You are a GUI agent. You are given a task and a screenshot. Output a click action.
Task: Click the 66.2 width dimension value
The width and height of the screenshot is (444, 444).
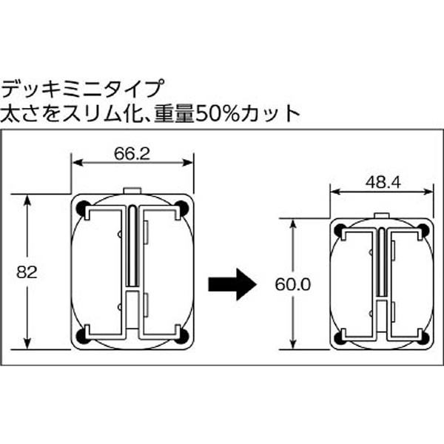(132, 154)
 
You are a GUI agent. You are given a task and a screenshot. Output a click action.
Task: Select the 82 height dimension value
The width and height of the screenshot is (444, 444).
(27, 272)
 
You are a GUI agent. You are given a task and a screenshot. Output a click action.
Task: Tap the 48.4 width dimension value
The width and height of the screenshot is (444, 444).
(383, 183)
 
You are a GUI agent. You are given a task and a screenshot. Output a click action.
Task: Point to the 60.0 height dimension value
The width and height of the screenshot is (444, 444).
(293, 285)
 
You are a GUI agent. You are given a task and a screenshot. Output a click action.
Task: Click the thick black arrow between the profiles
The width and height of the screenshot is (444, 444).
(232, 284)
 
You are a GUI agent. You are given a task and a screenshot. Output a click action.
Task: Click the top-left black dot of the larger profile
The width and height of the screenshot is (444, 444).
(82, 208)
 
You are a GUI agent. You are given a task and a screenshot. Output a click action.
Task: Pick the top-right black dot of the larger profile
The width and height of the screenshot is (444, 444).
(181, 208)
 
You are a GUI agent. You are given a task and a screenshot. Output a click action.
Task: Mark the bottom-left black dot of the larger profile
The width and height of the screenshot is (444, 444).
(82, 336)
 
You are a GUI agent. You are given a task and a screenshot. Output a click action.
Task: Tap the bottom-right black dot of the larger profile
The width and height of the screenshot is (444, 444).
(181, 336)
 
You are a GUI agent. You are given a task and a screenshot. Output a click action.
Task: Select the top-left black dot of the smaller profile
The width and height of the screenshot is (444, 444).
(340, 230)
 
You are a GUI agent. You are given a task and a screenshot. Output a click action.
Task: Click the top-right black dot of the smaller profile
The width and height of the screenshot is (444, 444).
(423, 230)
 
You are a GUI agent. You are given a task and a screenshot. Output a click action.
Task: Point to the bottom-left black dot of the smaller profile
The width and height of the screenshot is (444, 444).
(340, 338)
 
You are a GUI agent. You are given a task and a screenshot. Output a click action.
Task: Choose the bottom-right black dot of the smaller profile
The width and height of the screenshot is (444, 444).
(423, 338)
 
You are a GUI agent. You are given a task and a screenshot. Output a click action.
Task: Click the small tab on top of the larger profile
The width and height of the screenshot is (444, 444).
(132, 191)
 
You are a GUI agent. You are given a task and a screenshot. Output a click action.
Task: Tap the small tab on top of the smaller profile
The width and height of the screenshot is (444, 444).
(382, 216)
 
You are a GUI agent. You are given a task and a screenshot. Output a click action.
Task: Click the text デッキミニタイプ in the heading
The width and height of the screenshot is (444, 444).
(83, 88)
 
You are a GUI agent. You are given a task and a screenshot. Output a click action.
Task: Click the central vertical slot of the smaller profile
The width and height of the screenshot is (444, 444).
(382, 263)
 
